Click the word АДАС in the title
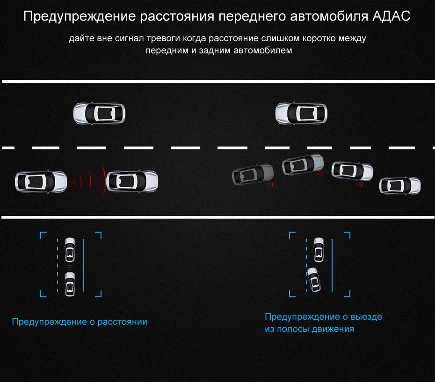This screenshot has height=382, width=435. coord(391,16)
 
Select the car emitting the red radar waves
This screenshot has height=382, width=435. coord(41,182)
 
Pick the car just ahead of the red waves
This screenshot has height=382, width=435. coord(132,181)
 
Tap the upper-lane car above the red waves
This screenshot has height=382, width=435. coord(99,114)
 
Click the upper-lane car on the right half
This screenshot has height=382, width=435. coord(301,114)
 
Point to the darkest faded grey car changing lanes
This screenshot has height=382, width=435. coord(253,174)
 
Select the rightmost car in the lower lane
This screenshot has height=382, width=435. coord(400,186)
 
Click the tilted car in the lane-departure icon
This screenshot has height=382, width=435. coord(314,279)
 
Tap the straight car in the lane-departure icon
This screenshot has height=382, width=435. coord(319,250)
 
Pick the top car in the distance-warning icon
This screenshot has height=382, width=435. coord(70,250)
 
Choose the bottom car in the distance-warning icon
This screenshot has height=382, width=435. coord(70,284)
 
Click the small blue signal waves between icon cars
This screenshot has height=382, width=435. coord(70,267)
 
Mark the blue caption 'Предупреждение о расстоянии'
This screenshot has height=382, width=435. coord(80,322)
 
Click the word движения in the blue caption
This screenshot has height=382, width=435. coord(333,329)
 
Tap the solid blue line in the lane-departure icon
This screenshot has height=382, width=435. coord(332,265)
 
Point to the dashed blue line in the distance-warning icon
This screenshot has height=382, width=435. coord(58,265)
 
